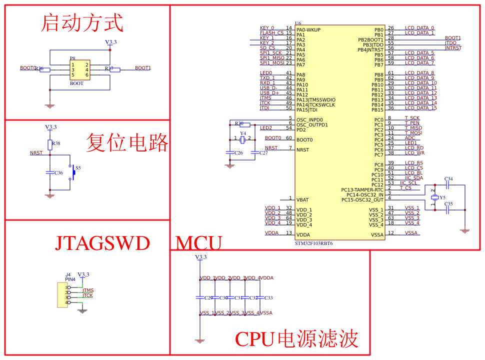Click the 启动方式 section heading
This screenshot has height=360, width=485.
coord(82,23)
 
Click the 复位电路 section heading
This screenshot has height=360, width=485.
coord(127,142)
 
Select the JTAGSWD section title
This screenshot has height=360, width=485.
coord(102,243)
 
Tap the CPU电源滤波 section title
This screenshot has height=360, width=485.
coord(296,339)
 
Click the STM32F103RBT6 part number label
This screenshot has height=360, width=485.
coord(314,243)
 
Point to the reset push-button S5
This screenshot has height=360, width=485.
coord(73,172)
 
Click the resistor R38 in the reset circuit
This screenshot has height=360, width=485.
coord(50,144)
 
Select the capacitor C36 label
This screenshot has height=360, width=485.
coord(59,173)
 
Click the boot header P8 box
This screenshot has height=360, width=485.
coord(80,70)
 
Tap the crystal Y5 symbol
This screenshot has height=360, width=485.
coord(435,197)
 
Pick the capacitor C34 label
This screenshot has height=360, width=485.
coord(448,179)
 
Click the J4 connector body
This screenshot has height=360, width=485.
coord(62,295)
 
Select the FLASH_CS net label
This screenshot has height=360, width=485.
coord(271,33)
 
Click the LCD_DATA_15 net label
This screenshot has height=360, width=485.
coord(420,108)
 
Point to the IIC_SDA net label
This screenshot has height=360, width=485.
coord(413,178)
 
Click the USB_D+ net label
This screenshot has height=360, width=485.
coord(269,93)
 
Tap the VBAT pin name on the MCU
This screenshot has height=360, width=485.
coord(302,200)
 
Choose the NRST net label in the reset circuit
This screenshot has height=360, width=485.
coord(36,153)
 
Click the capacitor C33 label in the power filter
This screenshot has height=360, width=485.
coord(268,298)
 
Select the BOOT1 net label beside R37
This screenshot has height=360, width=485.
coord(143,68)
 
